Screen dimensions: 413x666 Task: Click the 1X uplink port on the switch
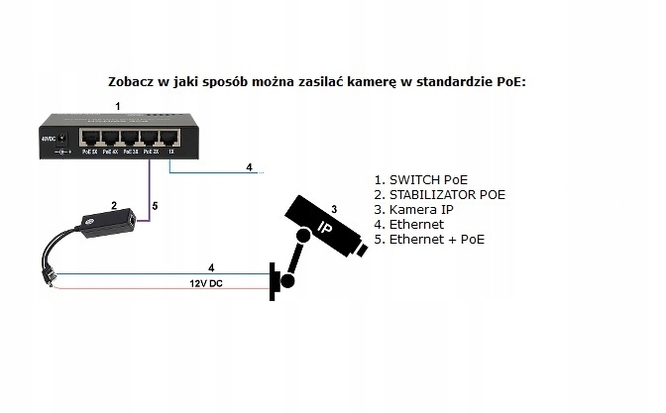[x=171, y=139]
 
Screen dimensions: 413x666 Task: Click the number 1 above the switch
[x=118, y=104]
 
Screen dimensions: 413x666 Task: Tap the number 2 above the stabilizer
[x=114, y=207]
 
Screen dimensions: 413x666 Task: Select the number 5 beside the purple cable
[x=156, y=207]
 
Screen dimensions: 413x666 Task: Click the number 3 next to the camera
[x=335, y=209]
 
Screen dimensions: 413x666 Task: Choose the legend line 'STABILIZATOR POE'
[x=439, y=195]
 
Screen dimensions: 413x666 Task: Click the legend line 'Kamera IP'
[x=415, y=210]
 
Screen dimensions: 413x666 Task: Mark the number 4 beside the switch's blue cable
[x=250, y=166]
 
